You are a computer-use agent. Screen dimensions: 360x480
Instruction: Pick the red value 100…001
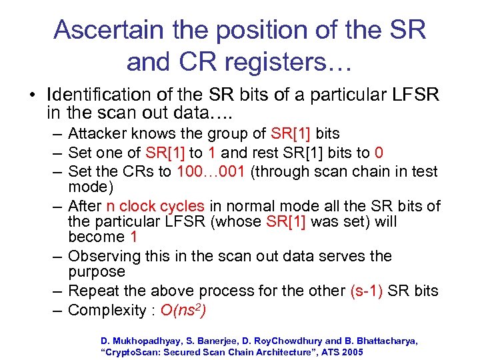click(211, 172)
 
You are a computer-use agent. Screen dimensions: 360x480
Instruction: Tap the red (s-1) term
click(366, 291)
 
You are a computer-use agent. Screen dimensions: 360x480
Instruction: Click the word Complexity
click(105, 310)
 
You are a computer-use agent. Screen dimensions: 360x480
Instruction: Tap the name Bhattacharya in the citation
click(383, 341)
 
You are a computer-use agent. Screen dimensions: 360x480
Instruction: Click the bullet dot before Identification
click(32, 95)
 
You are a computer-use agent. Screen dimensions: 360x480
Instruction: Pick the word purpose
click(97, 272)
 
